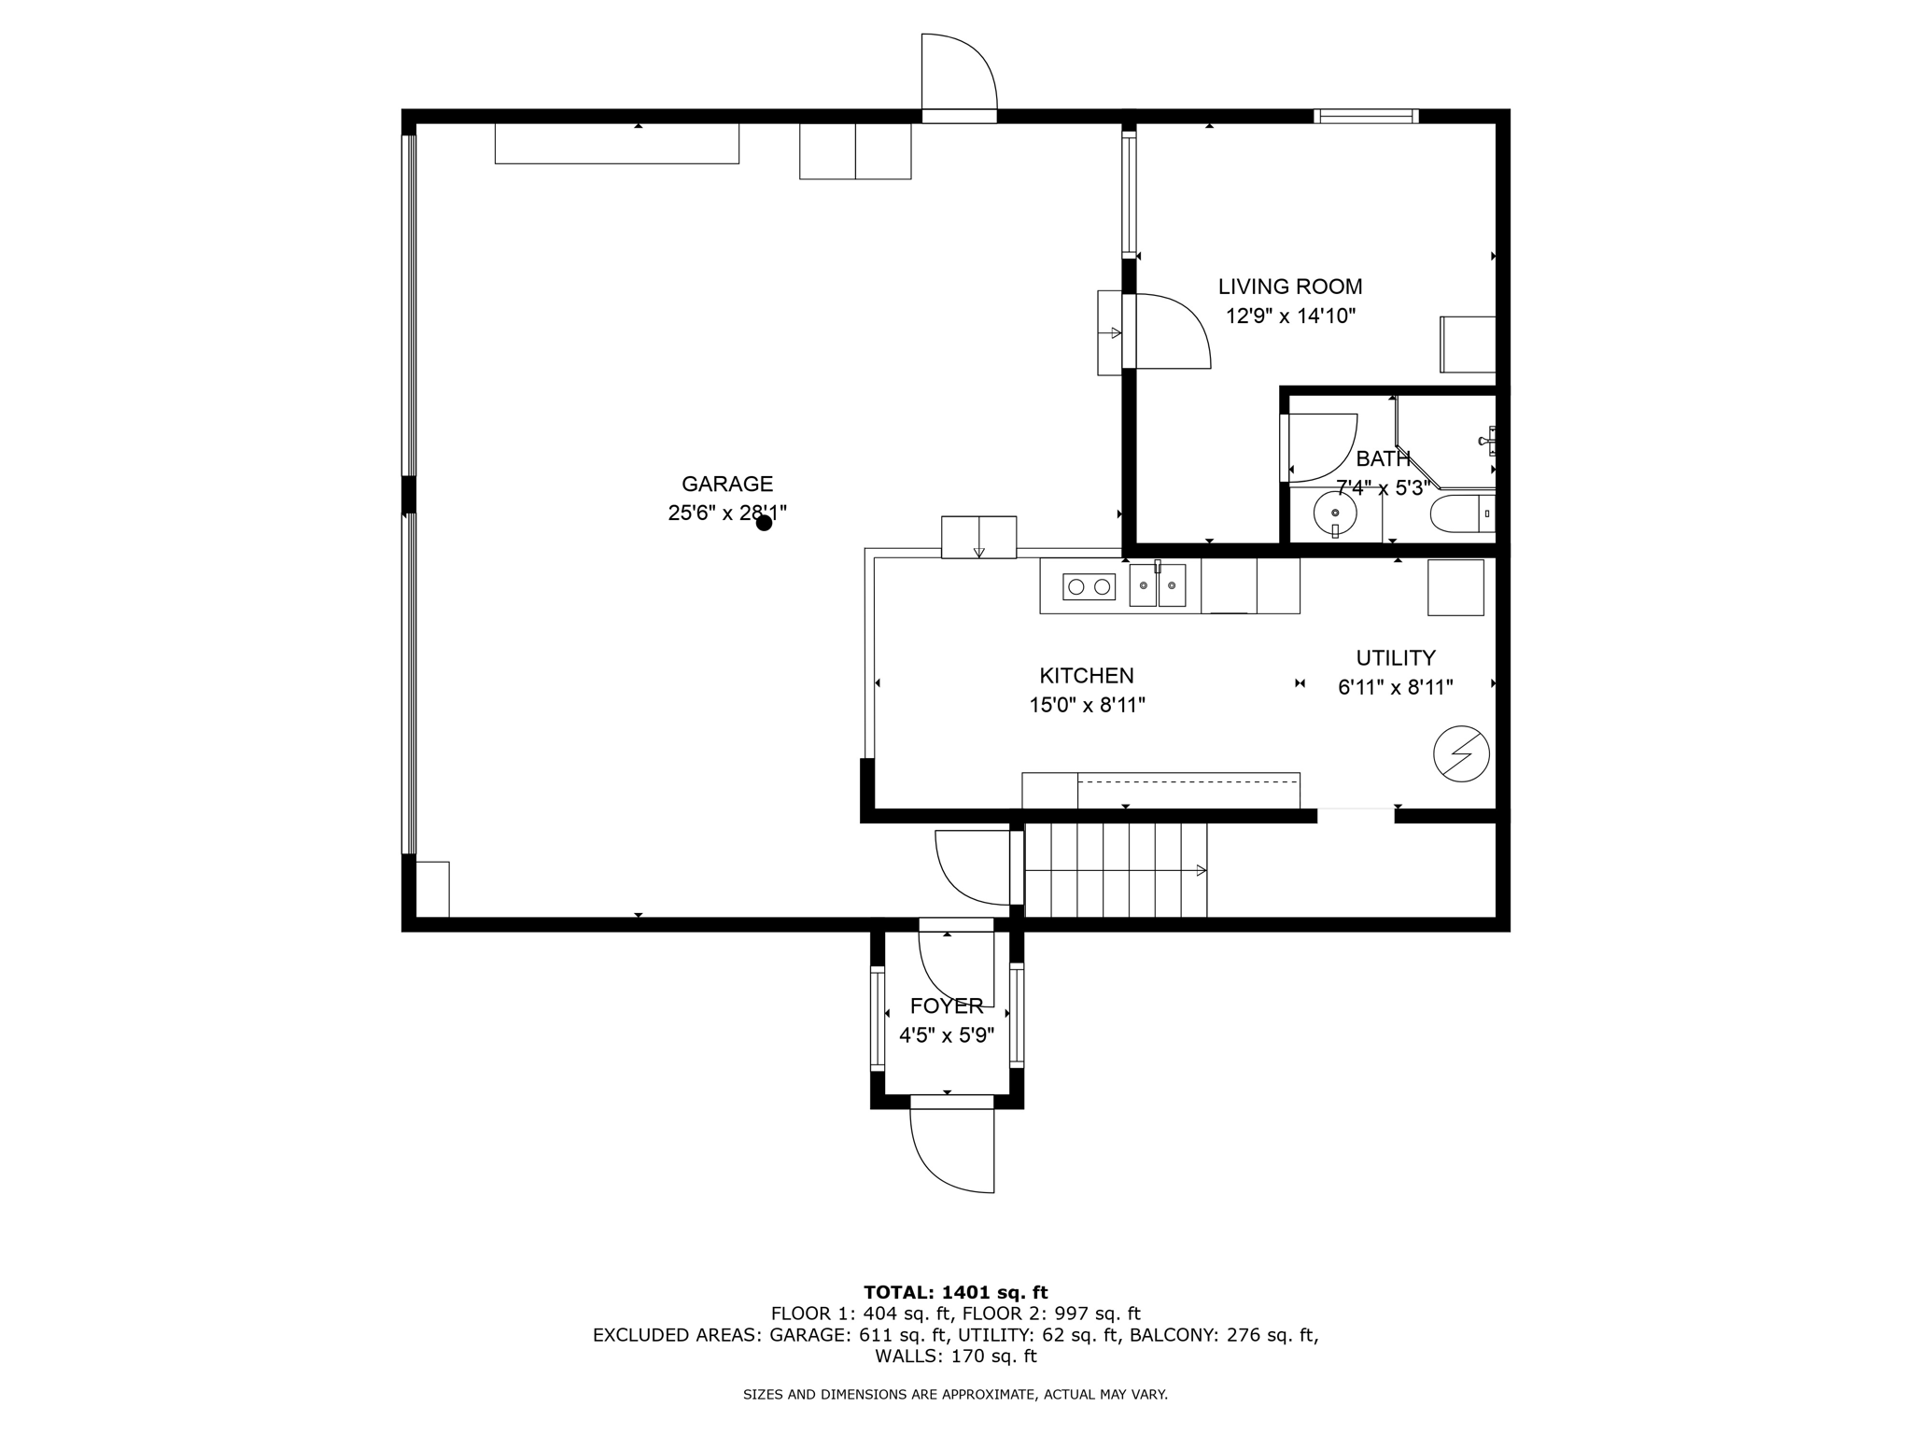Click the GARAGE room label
[x=726, y=484]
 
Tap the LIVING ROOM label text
[x=1289, y=287]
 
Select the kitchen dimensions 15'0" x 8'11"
[x=1087, y=705]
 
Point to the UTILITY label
[x=1395, y=657]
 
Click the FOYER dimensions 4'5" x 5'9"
[x=946, y=1035]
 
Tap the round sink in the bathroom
[x=1335, y=513]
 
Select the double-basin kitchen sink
[x=1158, y=586]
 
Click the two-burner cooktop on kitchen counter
[x=1089, y=587]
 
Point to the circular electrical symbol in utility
[x=1461, y=753]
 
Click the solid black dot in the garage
[x=764, y=523]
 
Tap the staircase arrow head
[x=1202, y=870]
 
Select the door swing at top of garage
[x=960, y=73]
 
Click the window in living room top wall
[x=1366, y=117]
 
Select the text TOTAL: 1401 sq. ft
[x=955, y=1292]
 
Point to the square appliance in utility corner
[x=1455, y=587]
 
